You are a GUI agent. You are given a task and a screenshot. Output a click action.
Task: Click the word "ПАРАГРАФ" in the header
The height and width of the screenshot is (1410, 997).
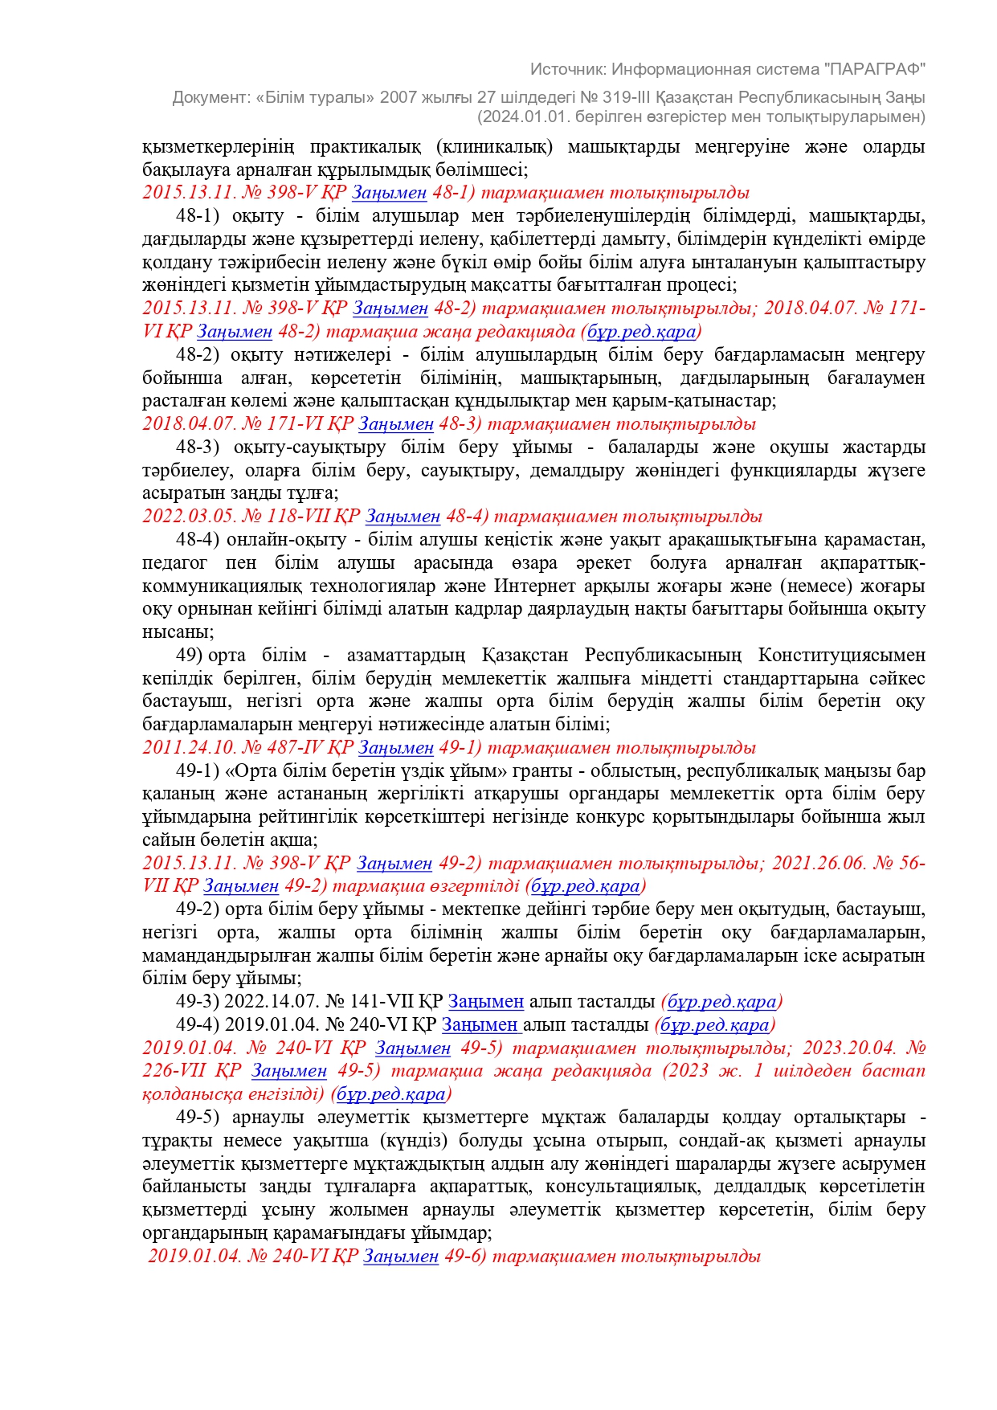875,69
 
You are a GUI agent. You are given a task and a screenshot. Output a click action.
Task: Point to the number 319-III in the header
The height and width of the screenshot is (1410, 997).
630,97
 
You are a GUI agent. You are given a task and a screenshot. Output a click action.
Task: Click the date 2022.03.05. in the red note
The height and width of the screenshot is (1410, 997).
190,517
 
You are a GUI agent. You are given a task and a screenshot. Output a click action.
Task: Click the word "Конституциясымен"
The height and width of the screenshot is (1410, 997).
841,656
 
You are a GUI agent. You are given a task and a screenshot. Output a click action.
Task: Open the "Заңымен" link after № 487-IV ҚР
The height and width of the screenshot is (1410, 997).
396,748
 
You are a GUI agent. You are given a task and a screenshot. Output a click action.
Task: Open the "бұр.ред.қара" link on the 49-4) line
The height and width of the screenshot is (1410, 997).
714,1025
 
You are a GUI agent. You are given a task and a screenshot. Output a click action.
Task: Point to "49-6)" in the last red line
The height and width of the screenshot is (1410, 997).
466,1257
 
